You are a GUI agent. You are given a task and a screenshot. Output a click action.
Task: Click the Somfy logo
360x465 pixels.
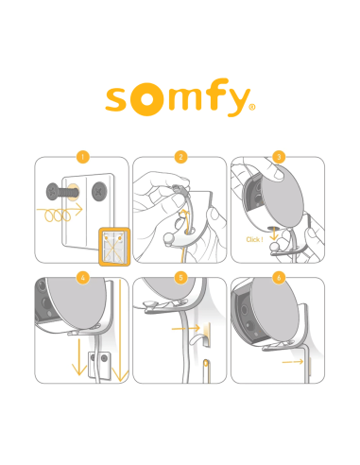pyautogui.click(x=180, y=99)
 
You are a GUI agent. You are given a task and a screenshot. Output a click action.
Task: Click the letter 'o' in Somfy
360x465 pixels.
pyautogui.click(x=145, y=100)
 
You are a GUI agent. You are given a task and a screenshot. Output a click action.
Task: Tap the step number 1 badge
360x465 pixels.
pyautogui.click(x=83, y=156)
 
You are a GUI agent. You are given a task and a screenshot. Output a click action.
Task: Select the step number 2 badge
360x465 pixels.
pyautogui.click(x=180, y=156)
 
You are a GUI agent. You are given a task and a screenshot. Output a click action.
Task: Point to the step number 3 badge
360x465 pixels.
pyautogui.click(x=277, y=156)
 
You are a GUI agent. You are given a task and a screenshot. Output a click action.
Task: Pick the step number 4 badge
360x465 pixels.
pyautogui.click(x=83, y=277)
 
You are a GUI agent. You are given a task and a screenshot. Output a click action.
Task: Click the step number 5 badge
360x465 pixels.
pyautogui.click(x=180, y=277)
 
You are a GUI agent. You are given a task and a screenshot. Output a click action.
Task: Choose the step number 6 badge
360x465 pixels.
pyautogui.click(x=277, y=277)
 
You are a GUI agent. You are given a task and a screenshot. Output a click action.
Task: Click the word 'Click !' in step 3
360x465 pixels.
pyautogui.click(x=254, y=239)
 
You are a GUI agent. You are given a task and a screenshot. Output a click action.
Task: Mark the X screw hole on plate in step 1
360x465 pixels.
pyautogui.click(x=98, y=193)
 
